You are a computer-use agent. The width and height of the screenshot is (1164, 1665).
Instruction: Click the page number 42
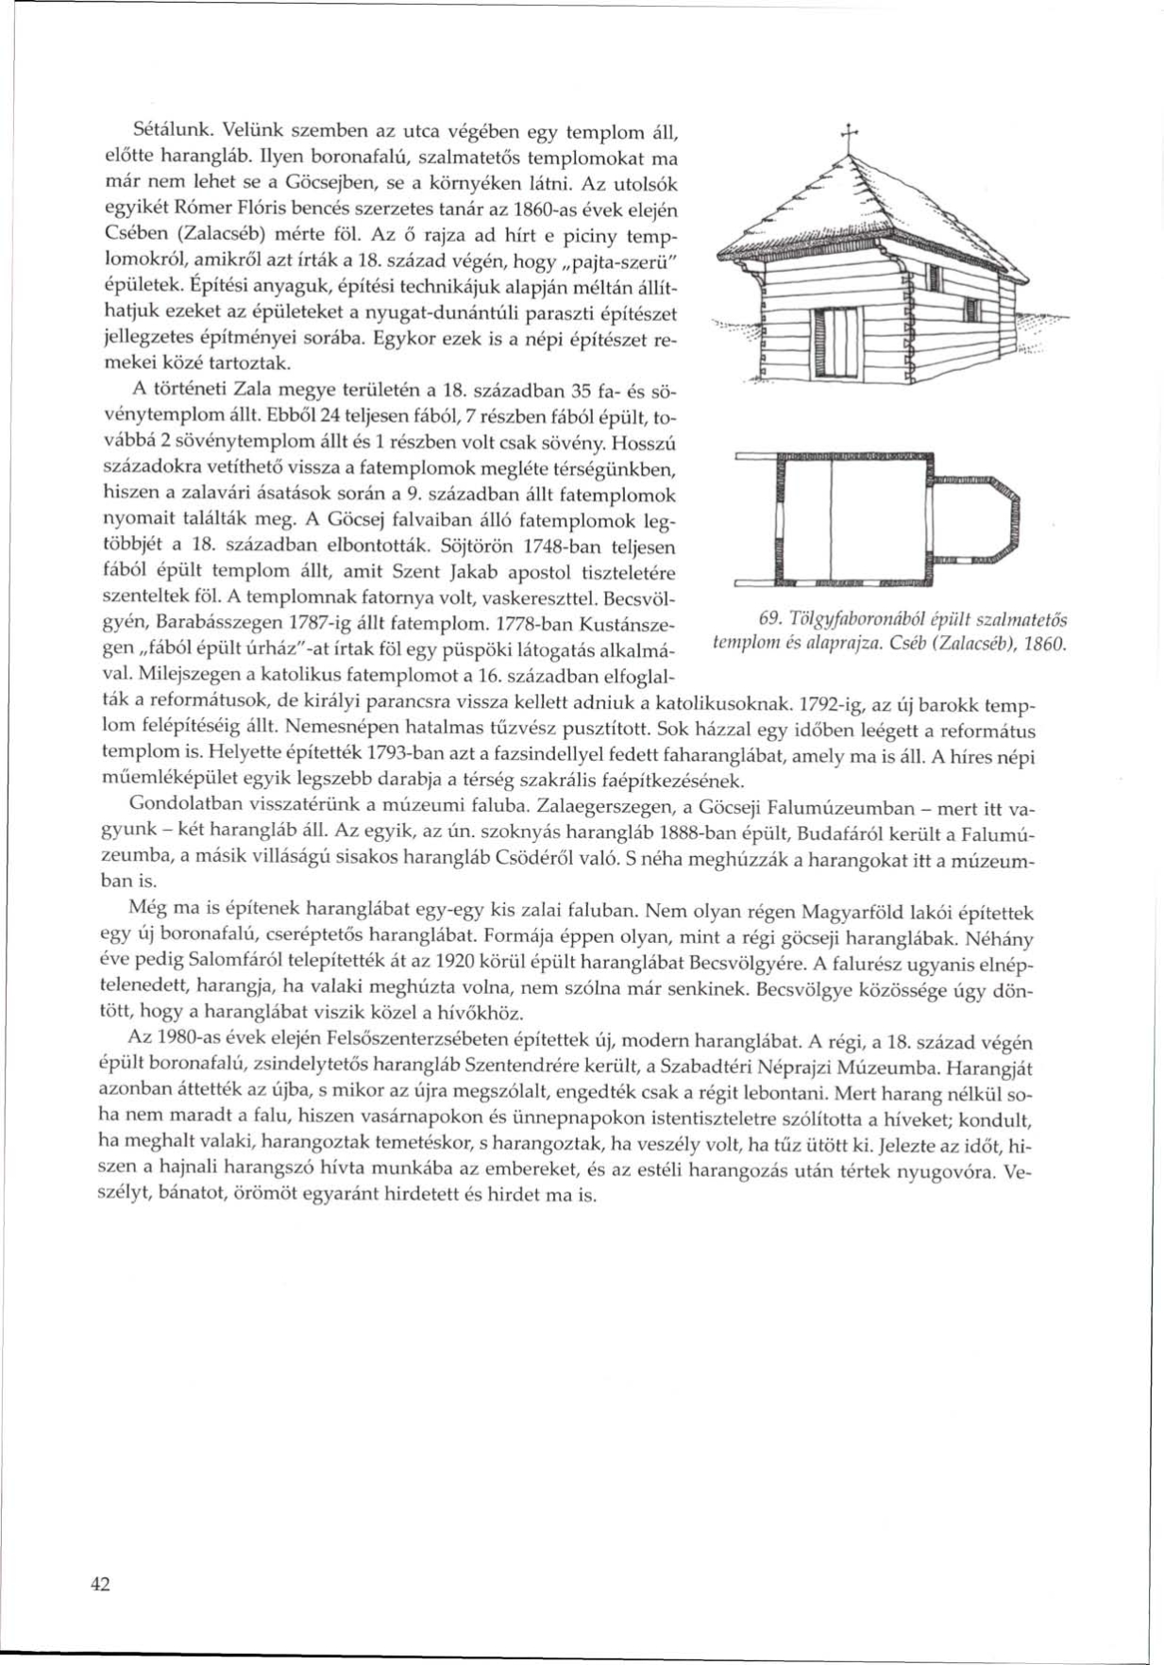[x=100, y=1584]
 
